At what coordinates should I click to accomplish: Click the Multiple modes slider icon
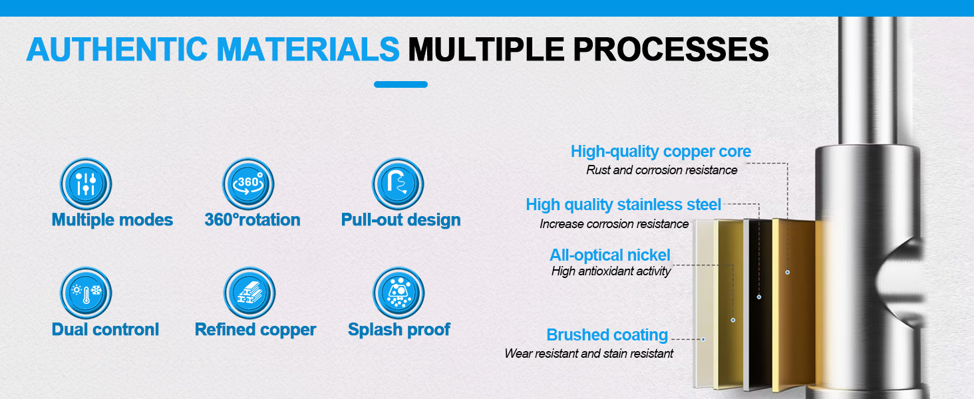[x=86, y=184]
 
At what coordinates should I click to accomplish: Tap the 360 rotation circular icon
[x=248, y=184]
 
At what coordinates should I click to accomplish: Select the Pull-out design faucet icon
[x=398, y=184]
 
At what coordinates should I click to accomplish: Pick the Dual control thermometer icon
[x=86, y=293]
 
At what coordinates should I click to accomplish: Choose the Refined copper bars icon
[x=249, y=293]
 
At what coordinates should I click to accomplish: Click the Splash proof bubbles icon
[x=399, y=293]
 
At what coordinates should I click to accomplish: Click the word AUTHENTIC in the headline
[x=117, y=49]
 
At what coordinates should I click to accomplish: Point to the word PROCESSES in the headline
[x=671, y=49]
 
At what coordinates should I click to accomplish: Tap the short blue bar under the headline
[x=401, y=84]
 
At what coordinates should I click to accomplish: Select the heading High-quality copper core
[x=661, y=151]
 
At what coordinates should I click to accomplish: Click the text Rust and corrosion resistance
[x=661, y=170]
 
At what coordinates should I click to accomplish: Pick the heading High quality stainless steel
[x=623, y=205]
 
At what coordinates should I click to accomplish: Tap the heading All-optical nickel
[x=610, y=255]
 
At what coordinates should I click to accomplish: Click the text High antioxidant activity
[x=611, y=271]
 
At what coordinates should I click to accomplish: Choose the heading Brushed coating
[x=607, y=335]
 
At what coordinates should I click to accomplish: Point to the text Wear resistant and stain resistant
[x=589, y=353]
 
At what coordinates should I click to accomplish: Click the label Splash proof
[x=399, y=329]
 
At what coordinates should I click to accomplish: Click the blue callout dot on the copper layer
[x=788, y=272]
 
